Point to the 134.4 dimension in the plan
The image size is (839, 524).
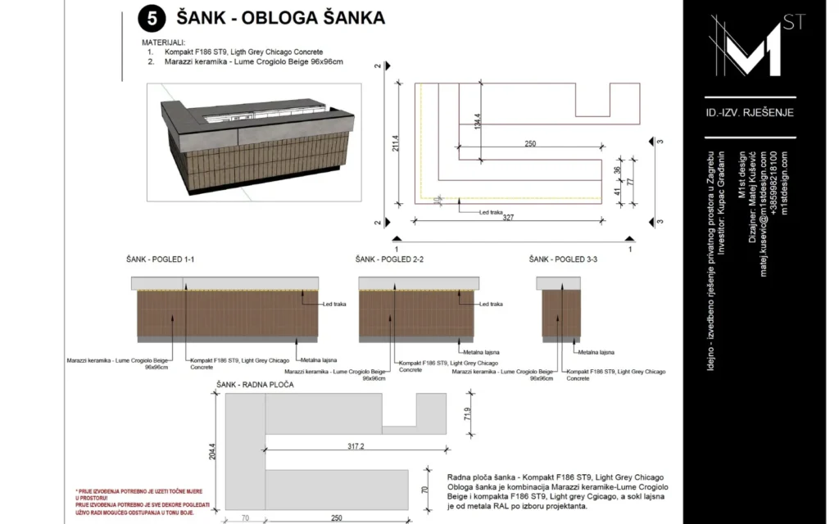[x=477, y=123]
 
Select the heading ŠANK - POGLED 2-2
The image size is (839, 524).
[x=389, y=260]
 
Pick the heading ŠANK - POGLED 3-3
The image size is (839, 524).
[x=563, y=260]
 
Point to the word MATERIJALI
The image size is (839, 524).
[x=163, y=42]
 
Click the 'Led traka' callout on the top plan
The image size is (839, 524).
[x=491, y=211]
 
